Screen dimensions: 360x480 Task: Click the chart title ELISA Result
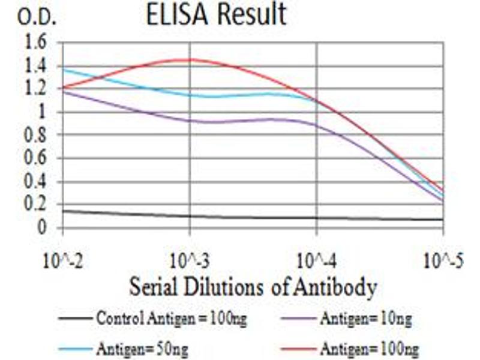(216, 15)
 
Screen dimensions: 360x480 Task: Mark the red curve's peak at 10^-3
(190, 59)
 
